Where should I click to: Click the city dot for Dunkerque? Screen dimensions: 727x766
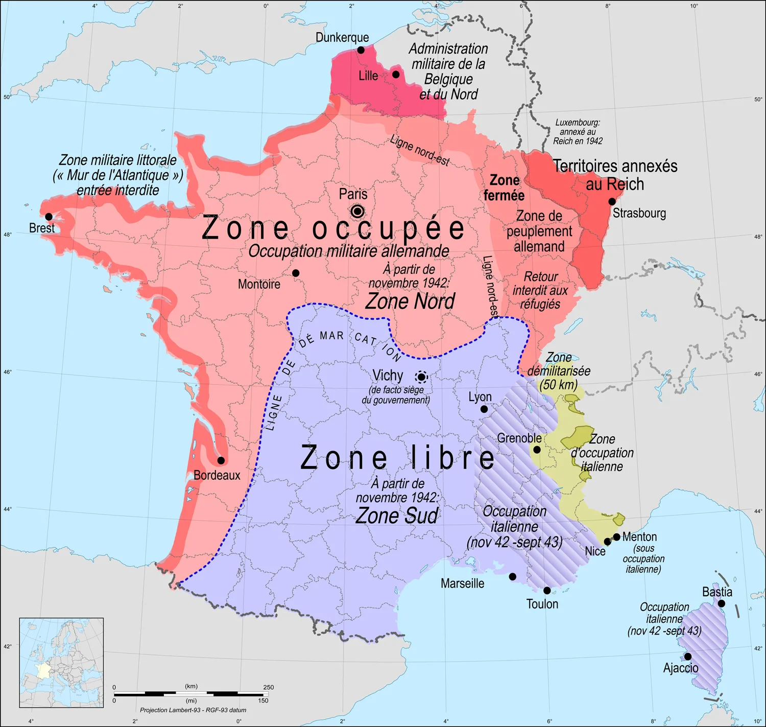[x=361, y=50]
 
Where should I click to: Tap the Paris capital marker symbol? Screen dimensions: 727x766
[x=357, y=211]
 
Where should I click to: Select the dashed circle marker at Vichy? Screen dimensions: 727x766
[x=421, y=378]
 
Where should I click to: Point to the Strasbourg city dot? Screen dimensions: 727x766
[x=612, y=201]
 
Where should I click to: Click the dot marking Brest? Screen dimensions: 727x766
[x=49, y=217]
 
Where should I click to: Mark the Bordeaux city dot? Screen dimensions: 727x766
[x=221, y=460]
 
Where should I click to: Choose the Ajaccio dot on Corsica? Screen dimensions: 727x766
[x=688, y=656]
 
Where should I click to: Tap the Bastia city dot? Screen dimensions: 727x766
[x=722, y=603]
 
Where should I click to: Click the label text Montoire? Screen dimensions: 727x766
[x=259, y=284]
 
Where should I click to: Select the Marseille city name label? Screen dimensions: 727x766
[x=462, y=583]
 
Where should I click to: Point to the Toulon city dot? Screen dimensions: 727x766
[x=547, y=591]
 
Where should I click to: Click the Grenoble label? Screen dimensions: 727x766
[x=519, y=438]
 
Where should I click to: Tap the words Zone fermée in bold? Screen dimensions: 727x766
[x=504, y=187]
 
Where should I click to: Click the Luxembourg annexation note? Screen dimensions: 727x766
[x=578, y=132]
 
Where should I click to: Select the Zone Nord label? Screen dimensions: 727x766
[x=410, y=301]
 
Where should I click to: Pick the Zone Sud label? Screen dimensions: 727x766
[x=397, y=515]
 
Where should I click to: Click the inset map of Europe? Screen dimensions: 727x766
[x=61, y=663]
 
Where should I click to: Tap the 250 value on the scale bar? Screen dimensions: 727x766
[x=269, y=687]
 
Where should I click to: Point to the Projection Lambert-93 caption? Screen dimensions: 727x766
[x=193, y=710]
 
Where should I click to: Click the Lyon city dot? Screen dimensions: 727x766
[x=484, y=409]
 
